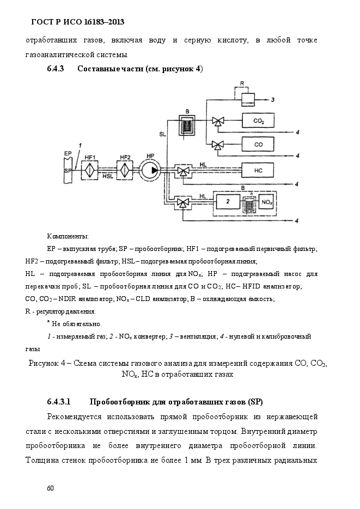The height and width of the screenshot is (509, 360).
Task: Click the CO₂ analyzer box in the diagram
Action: click(x=258, y=121)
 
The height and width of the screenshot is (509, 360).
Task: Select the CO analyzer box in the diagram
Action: click(x=258, y=144)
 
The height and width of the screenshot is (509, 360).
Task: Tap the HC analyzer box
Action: click(x=258, y=170)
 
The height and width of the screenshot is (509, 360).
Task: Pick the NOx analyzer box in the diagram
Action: click(x=267, y=202)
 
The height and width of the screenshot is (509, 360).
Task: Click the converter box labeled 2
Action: click(x=228, y=201)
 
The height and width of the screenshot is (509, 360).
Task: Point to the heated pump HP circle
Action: click(x=150, y=170)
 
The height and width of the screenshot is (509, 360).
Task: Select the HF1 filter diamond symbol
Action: click(x=90, y=170)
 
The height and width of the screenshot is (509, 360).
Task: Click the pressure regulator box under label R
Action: click(x=248, y=99)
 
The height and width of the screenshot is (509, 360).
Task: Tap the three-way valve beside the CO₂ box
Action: click(x=217, y=121)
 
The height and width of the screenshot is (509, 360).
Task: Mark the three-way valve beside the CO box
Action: click(x=217, y=145)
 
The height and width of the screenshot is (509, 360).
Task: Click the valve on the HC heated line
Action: click(x=184, y=171)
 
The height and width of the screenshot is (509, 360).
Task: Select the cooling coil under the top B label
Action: click(x=187, y=126)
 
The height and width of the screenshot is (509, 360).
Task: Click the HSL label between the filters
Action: click(x=108, y=176)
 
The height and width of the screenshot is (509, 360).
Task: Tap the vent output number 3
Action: click(x=273, y=100)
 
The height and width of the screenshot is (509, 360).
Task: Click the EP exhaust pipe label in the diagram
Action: click(x=68, y=153)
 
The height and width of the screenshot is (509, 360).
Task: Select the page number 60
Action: click(x=50, y=488)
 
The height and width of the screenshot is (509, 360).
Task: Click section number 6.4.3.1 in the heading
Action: click(x=59, y=402)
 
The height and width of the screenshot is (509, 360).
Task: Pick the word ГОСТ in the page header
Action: click(x=42, y=22)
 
